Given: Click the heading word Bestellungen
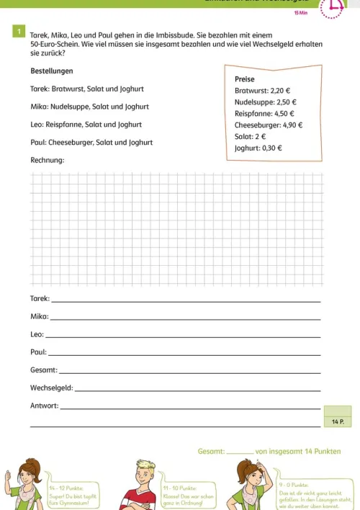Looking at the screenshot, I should click(x=52, y=71).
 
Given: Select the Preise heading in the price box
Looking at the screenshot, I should click(x=245, y=79).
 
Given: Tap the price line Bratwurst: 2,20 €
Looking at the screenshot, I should click(x=261, y=91).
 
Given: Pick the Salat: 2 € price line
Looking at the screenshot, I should click(x=251, y=136).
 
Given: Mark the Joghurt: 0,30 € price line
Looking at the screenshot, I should click(x=258, y=148).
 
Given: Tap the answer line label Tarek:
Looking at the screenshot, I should click(x=40, y=298).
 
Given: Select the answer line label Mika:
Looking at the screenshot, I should click(x=39, y=316).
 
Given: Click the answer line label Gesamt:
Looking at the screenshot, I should click(x=43, y=370).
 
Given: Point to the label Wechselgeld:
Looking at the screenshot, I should click(x=51, y=388).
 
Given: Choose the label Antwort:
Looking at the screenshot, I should click(x=44, y=406).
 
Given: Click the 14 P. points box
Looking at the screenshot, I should click(x=338, y=420).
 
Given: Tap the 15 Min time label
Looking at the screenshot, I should click(x=301, y=13).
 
